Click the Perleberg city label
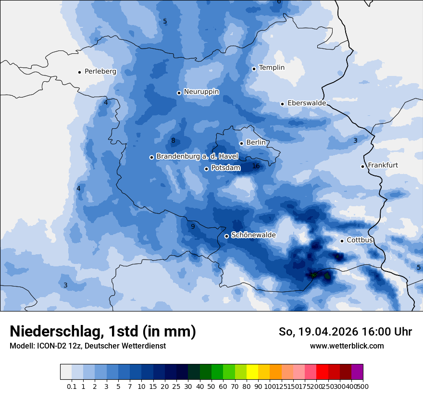point(100,72)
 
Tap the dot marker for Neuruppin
point(179,93)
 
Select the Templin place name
point(272,68)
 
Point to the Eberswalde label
point(307,103)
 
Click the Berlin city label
point(256,143)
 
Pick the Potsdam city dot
point(206,169)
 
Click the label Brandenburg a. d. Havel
point(197,157)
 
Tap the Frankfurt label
point(383,165)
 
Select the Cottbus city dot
point(342,241)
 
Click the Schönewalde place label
point(253,236)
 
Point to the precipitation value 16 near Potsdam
point(256,166)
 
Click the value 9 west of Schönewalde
point(193,226)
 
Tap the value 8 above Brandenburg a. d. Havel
point(173,141)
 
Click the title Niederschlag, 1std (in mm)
point(103,331)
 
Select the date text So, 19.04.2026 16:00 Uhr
point(345,332)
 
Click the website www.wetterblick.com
point(347,346)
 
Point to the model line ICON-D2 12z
point(87,346)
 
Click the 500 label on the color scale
point(363,386)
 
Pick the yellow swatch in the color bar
point(252,372)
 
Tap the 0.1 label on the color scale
point(72,386)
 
